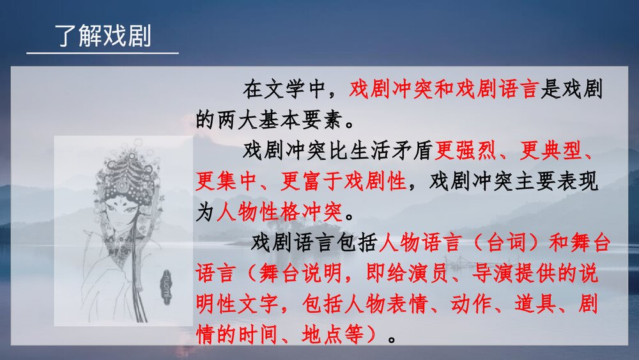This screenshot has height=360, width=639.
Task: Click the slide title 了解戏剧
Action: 102,36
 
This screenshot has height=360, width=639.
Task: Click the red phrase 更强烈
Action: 467,152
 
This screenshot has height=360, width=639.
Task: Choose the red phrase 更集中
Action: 226,182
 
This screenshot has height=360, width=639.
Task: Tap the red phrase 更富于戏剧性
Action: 343,182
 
